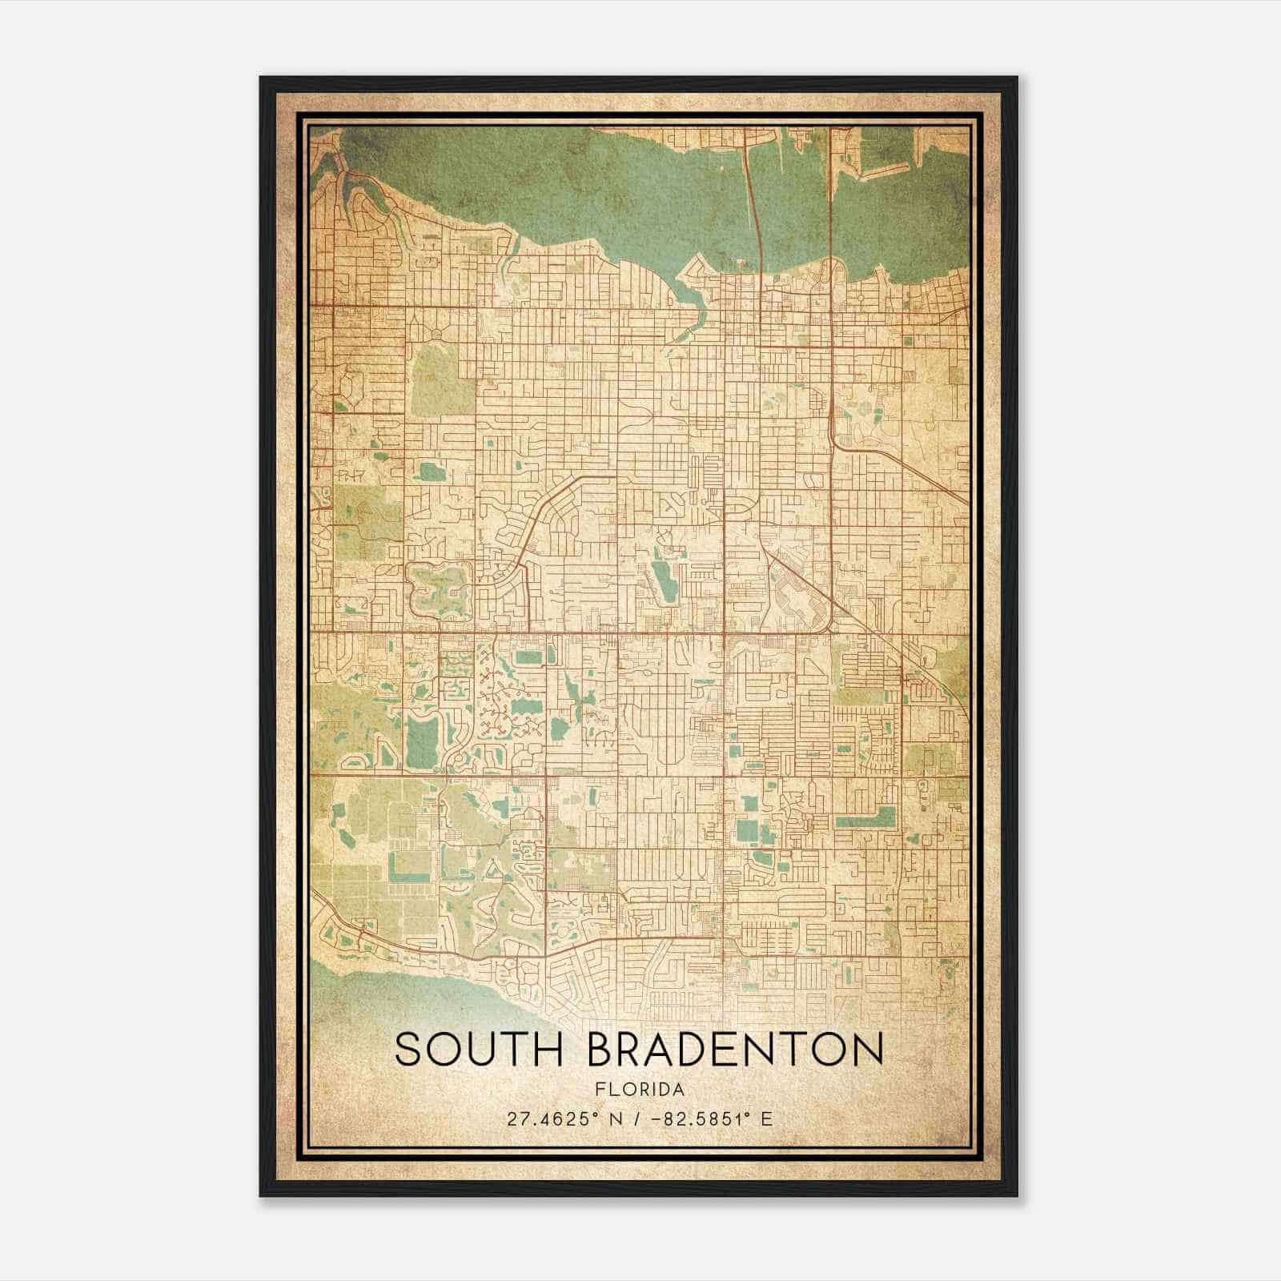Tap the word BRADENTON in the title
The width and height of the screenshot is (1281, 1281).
point(735,1050)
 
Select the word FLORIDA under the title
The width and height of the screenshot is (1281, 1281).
point(640,1090)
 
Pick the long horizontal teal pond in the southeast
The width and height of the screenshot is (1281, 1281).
point(865,821)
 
